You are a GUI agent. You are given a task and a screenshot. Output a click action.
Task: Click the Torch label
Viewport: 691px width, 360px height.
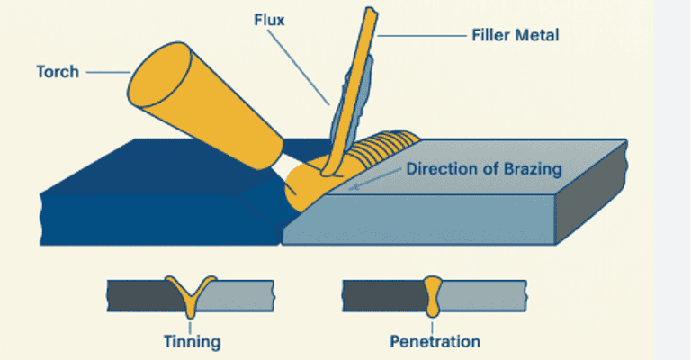coord(58,71)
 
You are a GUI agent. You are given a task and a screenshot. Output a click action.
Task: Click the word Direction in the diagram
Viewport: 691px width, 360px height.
coord(438,168)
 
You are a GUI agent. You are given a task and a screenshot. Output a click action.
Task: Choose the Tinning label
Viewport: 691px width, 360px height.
coord(191,341)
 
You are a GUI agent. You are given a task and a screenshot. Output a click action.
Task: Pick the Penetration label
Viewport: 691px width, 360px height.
coord(435,341)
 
